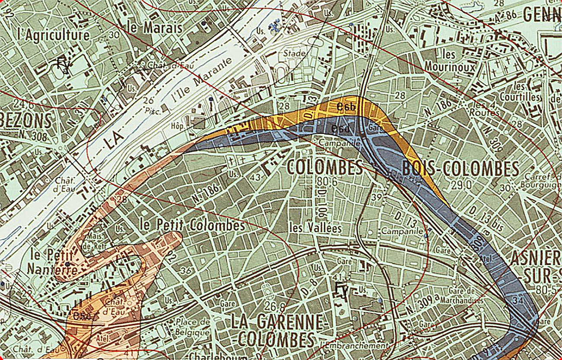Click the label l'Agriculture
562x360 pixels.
click(x=54, y=35)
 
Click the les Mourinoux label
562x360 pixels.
click(x=450, y=61)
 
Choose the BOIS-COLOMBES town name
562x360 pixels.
click(x=460, y=169)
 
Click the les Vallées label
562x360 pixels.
click(x=316, y=228)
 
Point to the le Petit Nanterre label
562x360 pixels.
click(x=52, y=262)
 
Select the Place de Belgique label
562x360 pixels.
click(x=192, y=327)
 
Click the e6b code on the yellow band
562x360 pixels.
click(x=346, y=106)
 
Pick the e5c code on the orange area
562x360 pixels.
click(x=82, y=316)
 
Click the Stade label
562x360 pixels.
click(x=294, y=54)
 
